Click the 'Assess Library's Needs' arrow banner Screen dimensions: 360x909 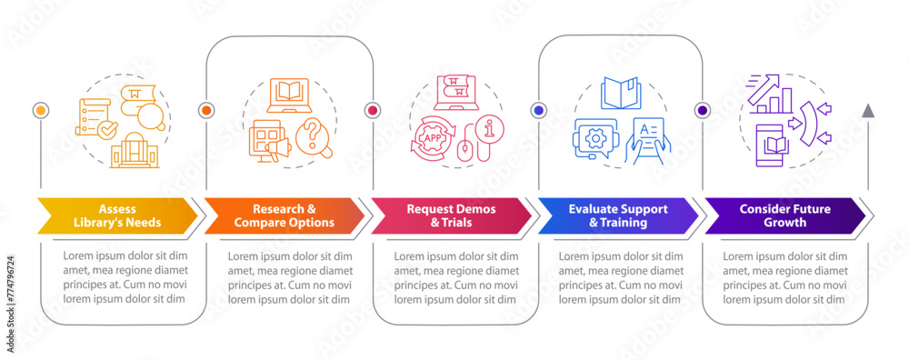coord(116,215)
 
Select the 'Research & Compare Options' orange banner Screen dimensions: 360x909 coord(283,215)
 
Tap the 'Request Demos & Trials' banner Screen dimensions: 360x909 coord(449,215)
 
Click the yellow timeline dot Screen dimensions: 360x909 coord(40,110)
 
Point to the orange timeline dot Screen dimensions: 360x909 coord(206,110)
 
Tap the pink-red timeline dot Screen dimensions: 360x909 coord(372,110)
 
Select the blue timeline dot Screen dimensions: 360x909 coord(538,110)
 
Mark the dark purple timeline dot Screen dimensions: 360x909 coord(703,110)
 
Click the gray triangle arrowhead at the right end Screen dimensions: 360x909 coord(869,110)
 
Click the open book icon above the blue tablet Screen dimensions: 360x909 coord(622,93)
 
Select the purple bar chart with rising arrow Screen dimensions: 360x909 coord(769,95)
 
